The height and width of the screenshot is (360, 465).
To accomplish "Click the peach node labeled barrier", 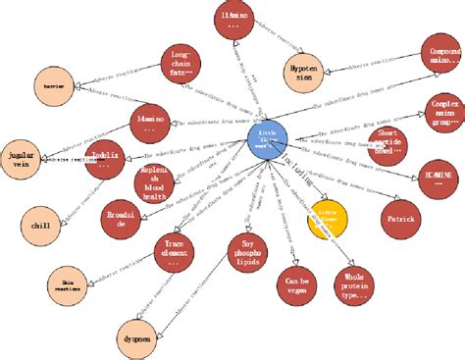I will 54,84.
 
